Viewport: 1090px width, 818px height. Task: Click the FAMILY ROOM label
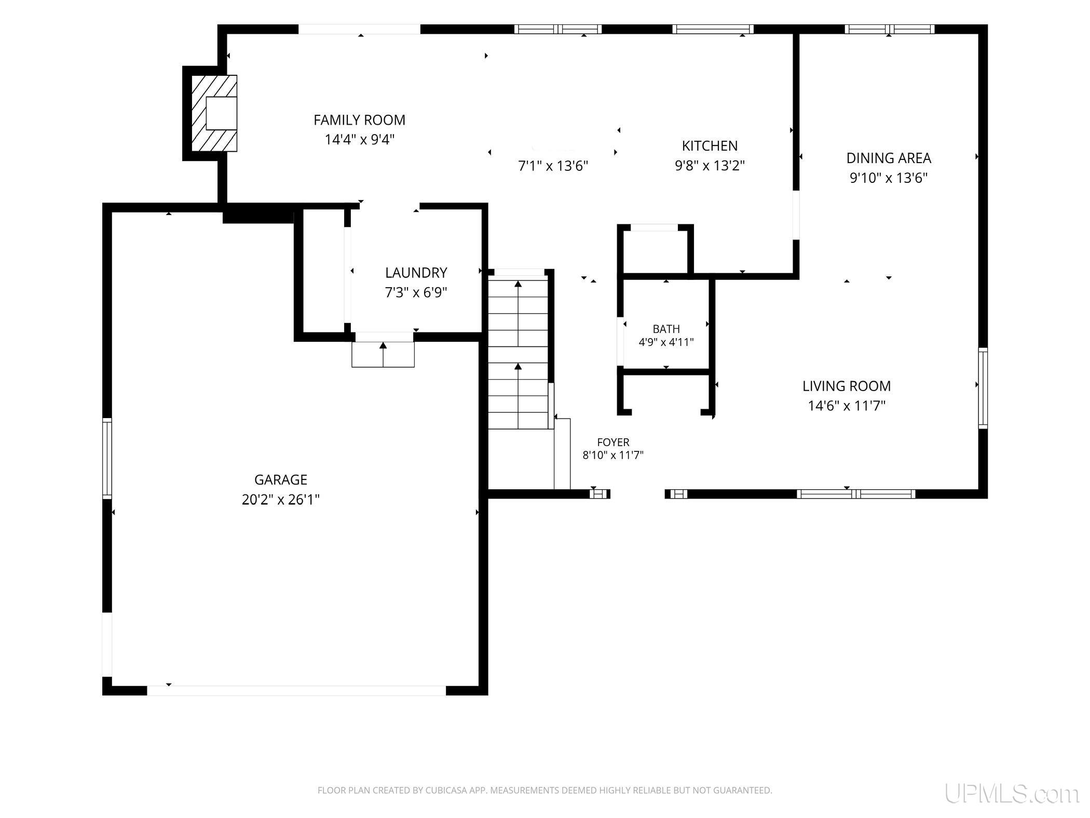(359, 120)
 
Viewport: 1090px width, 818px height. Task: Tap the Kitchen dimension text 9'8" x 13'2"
(710, 166)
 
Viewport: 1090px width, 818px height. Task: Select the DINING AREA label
(889, 158)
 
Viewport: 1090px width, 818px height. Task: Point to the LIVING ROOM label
(847, 386)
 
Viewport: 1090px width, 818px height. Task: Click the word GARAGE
(281, 479)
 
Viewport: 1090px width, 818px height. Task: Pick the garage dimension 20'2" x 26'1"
(281, 500)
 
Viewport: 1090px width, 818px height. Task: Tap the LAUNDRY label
(416, 273)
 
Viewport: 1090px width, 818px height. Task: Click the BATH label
(666, 329)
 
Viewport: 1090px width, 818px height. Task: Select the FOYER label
(613, 442)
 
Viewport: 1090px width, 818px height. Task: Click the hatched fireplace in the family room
(214, 113)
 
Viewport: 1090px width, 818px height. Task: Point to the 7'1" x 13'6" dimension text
(553, 166)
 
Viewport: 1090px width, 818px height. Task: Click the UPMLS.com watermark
(1012, 794)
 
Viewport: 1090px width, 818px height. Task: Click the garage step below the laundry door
(383, 355)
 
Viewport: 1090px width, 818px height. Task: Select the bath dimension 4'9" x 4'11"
(666, 342)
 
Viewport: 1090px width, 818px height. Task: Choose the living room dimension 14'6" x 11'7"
(847, 406)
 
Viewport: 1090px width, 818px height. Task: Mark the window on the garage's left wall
(107, 459)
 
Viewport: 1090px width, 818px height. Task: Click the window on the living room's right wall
(983, 388)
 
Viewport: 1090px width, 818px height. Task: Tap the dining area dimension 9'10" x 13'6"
(889, 178)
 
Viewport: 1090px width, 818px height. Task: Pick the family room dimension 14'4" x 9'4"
(360, 140)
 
